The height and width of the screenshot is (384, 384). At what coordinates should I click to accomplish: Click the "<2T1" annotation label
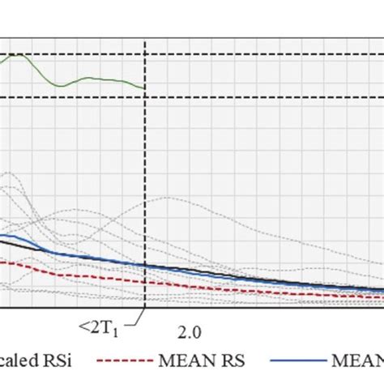pyautogui.click(x=96, y=326)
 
